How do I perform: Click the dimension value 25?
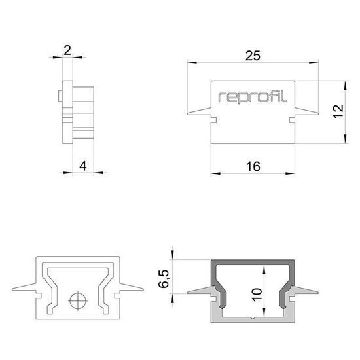pos(253,56)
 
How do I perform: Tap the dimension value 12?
pos(336,111)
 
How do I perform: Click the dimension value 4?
pos(82,166)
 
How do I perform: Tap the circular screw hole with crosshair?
pos(78,302)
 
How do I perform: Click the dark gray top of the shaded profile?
pos(253,263)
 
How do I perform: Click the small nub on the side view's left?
pos(60,97)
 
